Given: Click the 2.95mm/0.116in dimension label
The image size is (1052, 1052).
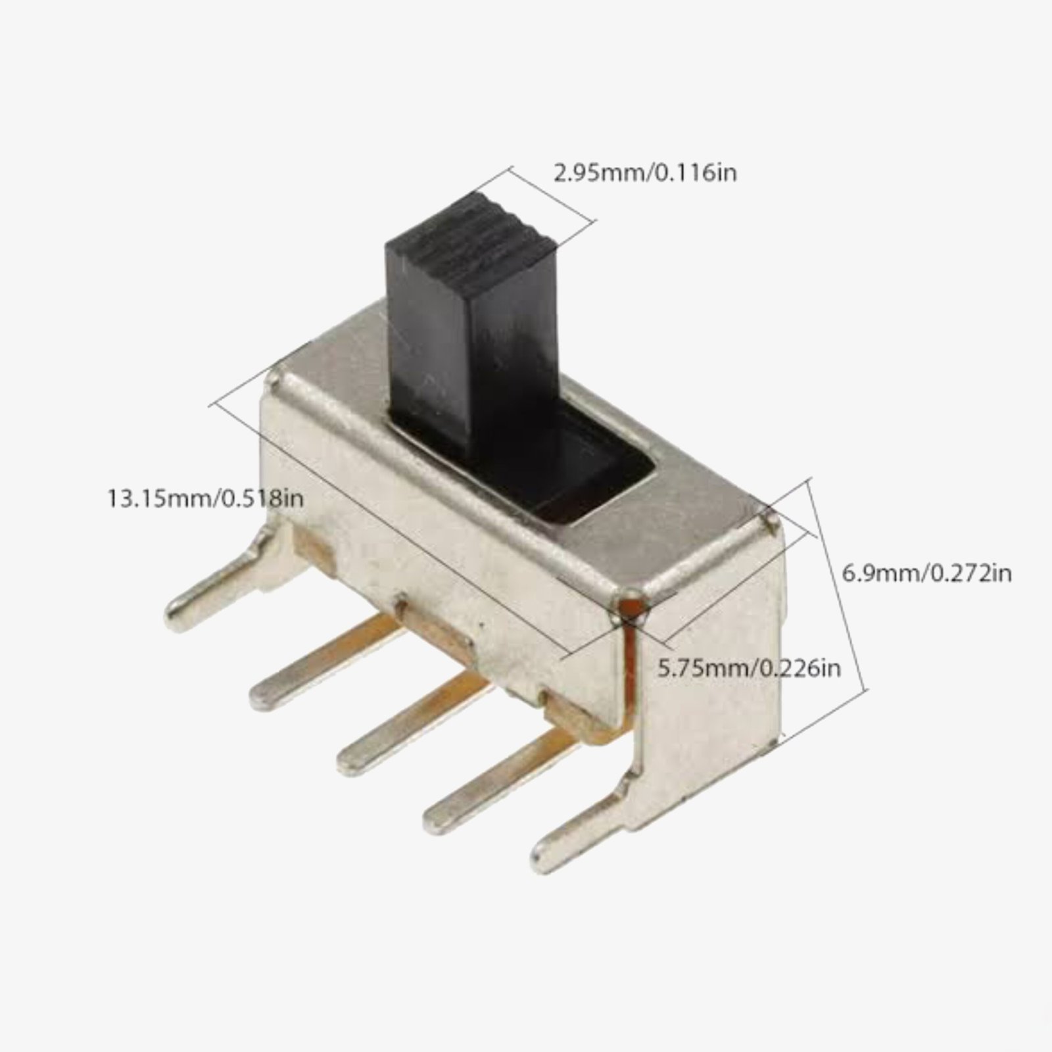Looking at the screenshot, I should point(645,173).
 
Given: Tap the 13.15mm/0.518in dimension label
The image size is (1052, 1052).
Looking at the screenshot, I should point(204,498).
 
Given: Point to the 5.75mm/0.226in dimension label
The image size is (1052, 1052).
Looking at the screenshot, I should point(749,669).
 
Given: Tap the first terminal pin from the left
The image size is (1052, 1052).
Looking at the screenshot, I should point(309,671).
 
